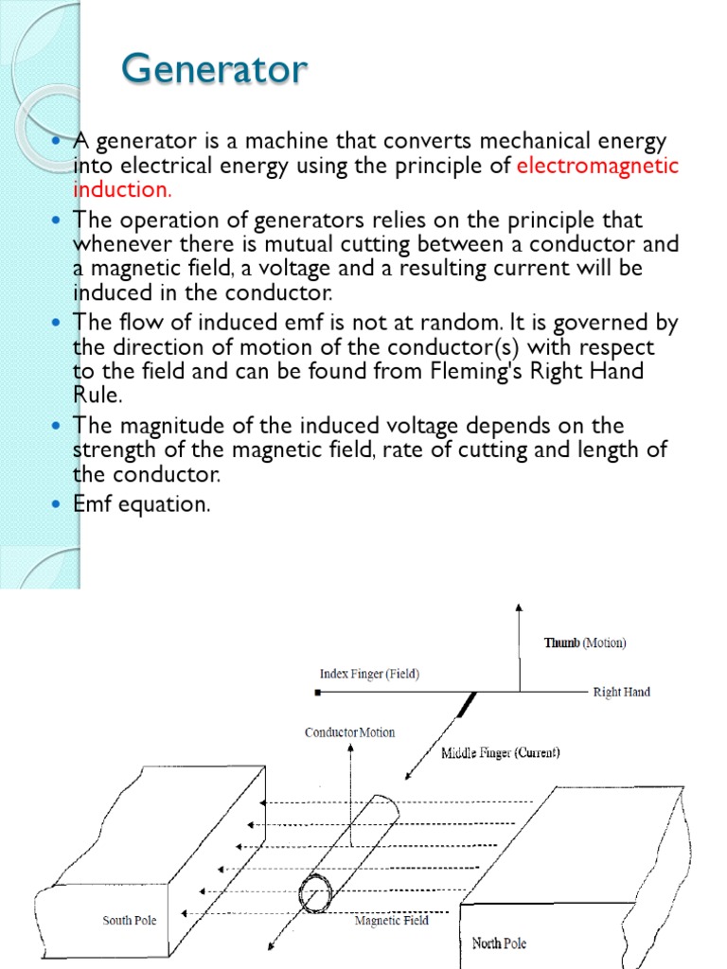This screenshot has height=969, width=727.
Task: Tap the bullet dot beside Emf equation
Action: click(54, 504)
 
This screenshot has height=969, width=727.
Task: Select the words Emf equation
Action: click(142, 504)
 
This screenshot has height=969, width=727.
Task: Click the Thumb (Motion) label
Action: click(584, 643)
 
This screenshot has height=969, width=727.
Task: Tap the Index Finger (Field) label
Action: click(368, 674)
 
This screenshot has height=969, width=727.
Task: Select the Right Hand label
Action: click(621, 692)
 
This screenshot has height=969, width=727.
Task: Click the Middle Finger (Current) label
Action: click(501, 753)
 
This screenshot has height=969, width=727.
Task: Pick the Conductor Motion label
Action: click(349, 732)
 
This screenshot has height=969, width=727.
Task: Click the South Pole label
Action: click(130, 920)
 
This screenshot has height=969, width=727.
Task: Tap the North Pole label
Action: click(499, 943)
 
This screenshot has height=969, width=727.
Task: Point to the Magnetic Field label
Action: click(391, 920)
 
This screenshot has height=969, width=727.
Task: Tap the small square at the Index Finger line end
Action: click(319, 693)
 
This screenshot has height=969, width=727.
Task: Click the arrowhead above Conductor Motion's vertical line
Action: click(351, 748)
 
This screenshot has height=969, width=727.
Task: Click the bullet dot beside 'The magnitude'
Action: click(54, 426)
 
